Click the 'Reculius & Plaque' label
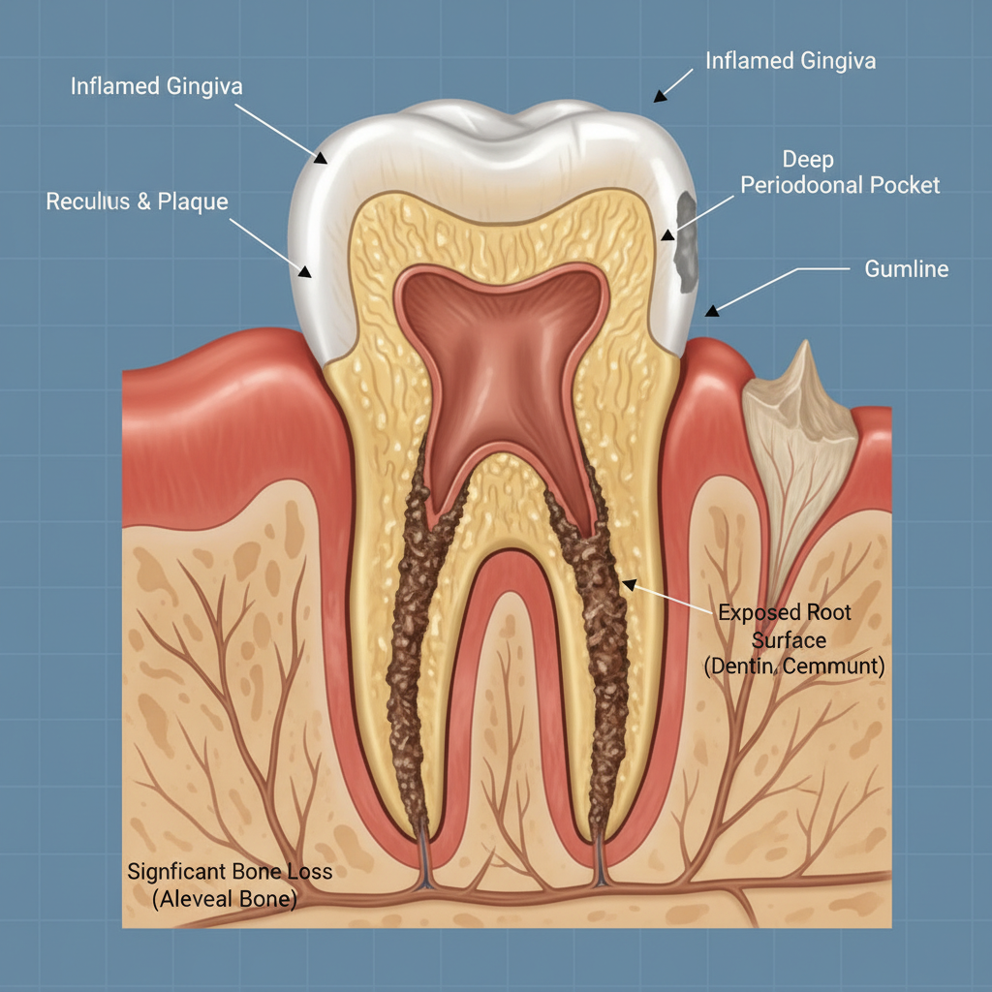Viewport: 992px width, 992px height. click(137, 202)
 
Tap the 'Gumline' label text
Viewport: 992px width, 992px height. click(906, 269)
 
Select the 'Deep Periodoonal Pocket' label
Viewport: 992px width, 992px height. click(840, 172)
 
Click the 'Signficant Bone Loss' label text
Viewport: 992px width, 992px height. click(230, 872)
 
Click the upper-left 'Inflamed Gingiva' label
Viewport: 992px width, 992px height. click(157, 86)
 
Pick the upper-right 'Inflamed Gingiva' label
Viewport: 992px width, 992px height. click(790, 61)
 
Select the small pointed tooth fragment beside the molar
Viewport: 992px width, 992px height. click(800, 426)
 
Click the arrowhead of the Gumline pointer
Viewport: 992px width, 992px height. click(711, 311)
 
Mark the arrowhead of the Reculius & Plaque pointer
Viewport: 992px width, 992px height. click(307, 272)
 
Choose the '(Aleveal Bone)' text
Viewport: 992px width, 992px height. click(225, 899)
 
